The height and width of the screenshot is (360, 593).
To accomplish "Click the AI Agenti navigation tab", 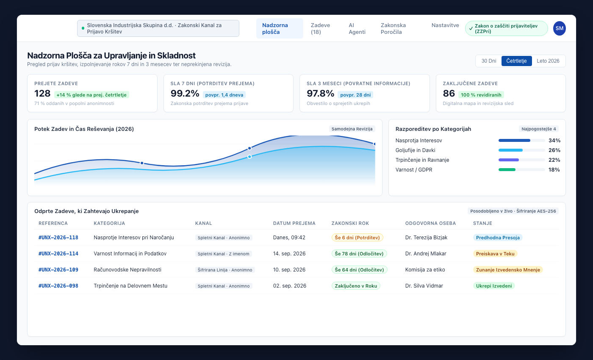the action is (x=357, y=28).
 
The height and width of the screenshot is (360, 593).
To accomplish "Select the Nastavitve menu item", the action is (x=445, y=25).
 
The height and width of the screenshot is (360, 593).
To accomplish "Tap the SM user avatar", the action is (x=559, y=28).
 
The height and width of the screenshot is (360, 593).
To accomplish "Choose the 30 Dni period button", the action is (x=489, y=61).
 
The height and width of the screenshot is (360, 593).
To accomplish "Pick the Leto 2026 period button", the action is (x=548, y=61).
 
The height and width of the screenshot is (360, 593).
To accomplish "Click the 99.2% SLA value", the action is (x=185, y=94).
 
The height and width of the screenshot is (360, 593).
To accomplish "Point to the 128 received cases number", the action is (x=42, y=94).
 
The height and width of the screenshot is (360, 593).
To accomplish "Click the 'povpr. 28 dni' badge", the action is (x=355, y=95).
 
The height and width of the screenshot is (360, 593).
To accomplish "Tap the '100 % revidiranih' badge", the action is (x=481, y=95).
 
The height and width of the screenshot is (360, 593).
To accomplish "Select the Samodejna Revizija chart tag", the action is (x=352, y=129).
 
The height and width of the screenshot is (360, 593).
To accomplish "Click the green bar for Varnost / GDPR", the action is (x=507, y=170).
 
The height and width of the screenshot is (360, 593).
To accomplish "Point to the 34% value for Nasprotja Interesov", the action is (x=554, y=141).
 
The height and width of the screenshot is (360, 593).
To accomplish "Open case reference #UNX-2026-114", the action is (x=58, y=254).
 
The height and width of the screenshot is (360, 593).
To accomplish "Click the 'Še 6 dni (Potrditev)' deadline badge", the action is (x=357, y=238).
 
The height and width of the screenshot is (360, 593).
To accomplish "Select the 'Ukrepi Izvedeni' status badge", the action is (x=494, y=286).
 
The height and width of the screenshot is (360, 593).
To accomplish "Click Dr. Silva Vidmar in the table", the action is (x=424, y=286).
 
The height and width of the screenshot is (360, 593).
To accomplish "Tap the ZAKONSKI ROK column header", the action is (x=350, y=224).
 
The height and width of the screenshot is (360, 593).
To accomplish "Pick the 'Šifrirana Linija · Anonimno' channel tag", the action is (x=225, y=270).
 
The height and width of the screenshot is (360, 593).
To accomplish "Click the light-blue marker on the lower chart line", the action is (x=249, y=157).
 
